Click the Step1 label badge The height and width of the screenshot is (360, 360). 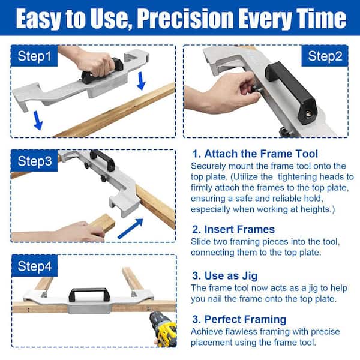34,56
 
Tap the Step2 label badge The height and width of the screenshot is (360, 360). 325,56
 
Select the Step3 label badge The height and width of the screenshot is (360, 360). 34,161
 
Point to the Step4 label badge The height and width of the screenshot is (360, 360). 34,266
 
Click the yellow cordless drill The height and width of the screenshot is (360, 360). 163,329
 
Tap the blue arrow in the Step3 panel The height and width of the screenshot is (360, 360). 130,229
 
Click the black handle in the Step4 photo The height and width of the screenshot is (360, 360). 89,295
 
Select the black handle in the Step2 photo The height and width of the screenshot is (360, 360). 291,91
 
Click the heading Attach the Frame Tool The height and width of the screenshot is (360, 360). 255,154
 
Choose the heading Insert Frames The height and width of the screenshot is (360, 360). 233,229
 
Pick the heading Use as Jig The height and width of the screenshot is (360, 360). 225,276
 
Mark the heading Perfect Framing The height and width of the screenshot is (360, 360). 239,319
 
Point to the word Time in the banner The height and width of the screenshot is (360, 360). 322,19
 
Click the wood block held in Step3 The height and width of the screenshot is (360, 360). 103,223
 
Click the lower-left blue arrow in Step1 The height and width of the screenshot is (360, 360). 38,121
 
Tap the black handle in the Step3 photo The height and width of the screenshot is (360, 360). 103,159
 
